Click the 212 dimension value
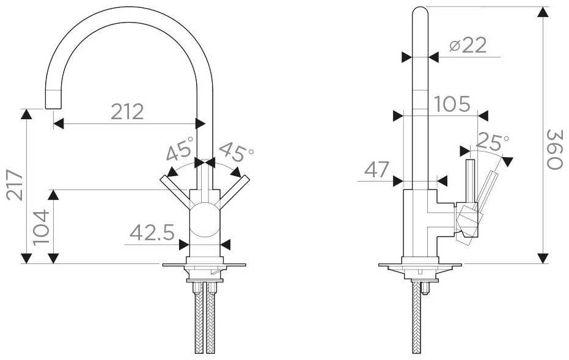127,111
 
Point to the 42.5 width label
152,233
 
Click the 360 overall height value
554,149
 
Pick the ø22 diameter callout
467,45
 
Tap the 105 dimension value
452,105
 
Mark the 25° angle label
492,142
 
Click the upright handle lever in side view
471,180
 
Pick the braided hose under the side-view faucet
419,318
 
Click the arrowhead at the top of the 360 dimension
542,12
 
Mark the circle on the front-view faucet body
204,221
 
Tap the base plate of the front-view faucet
204,265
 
